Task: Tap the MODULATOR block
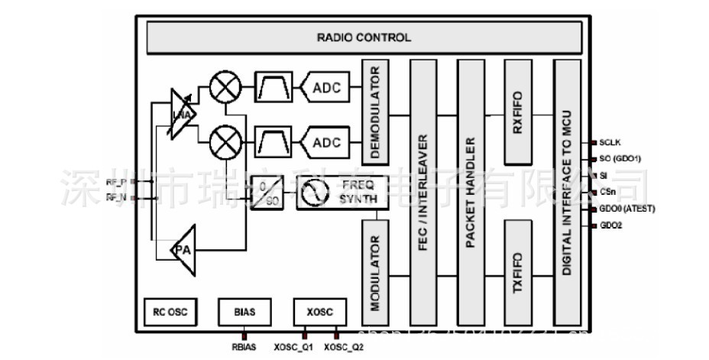pos(374,271)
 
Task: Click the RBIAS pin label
pos(244,348)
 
